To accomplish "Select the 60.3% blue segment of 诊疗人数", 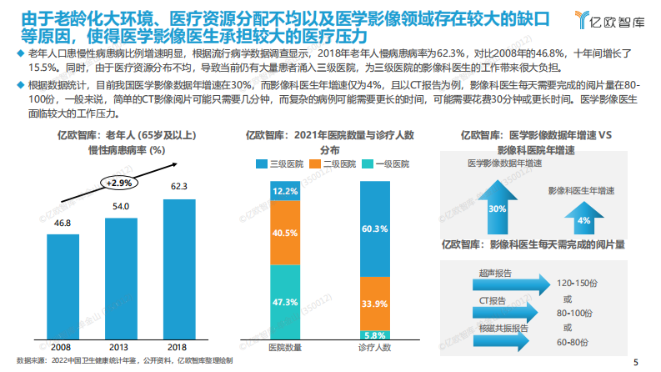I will tap(374, 229).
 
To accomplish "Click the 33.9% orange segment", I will tap(374, 302).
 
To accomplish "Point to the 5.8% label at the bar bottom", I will tap(374, 334).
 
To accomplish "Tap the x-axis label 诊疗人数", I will tap(374, 346).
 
